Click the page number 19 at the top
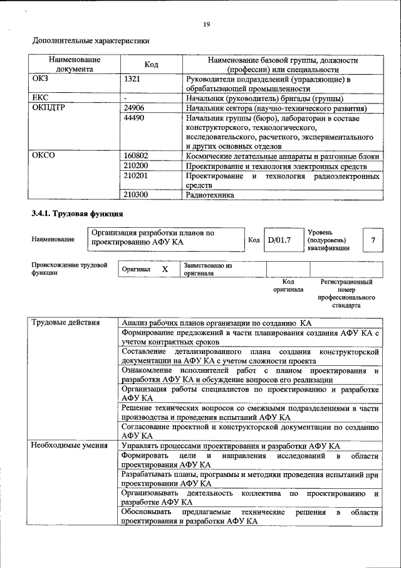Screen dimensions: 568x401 click(x=206, y=24)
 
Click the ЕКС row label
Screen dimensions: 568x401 click(x=41, y=99)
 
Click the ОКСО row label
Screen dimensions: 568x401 click(x=44, y=156)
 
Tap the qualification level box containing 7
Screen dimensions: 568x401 click(x=373, y=240)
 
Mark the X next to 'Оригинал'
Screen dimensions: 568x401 click(x=165, y=269)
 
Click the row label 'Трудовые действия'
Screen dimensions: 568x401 click(x=66, y=323)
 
